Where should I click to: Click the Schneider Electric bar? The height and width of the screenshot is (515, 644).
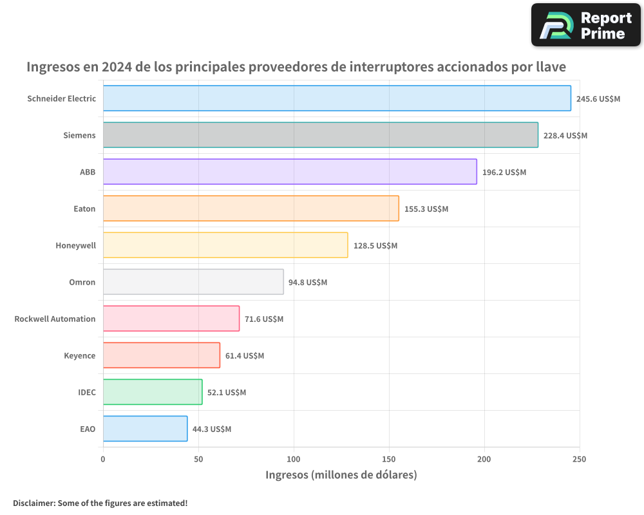coord(337,98)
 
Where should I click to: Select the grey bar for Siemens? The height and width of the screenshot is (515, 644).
coord(320,135)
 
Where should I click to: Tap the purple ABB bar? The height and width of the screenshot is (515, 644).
coord(290,172)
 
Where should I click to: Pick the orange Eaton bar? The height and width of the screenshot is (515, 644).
coord(251,209)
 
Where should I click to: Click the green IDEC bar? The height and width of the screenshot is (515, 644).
coord(152,392)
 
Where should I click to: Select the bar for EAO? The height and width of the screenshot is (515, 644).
coord(145,429)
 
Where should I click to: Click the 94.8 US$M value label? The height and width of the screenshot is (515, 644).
coord(307,283)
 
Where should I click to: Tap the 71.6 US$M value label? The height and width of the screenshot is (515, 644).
coord(263,319)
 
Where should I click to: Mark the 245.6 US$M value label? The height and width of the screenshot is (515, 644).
coord(598,99)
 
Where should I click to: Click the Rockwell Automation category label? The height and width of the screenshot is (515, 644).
coord(55,319)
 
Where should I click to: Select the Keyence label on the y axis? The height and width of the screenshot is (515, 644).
coord(79,355)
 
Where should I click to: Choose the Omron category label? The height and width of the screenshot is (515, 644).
coord(82,282)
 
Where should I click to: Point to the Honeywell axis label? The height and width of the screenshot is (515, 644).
coord(75,245)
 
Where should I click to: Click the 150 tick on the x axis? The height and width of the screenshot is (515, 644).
coord(389,459)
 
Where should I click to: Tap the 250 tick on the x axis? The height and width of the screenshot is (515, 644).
coord(579,459)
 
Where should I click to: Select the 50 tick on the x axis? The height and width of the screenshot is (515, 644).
coord(198,459)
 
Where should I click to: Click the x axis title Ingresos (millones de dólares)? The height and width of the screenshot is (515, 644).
coord(341,475)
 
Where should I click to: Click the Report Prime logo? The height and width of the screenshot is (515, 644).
coord(585,25)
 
